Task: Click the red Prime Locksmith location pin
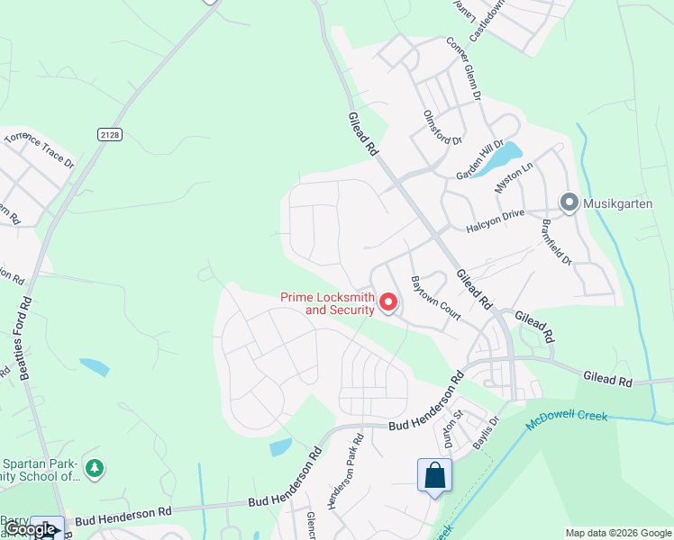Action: coord(388,301)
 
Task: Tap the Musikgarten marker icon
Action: coord(569,202)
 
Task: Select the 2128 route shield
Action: coord(109,134)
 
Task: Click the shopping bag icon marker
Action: coord(434,474)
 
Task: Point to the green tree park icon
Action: coord(96,468)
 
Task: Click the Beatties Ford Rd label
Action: coord(20,337)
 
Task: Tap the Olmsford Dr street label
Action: coord(442,128)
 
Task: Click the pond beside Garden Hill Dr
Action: coord(500,157)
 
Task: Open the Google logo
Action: coord(29,530)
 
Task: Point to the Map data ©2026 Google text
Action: coord(618,533)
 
